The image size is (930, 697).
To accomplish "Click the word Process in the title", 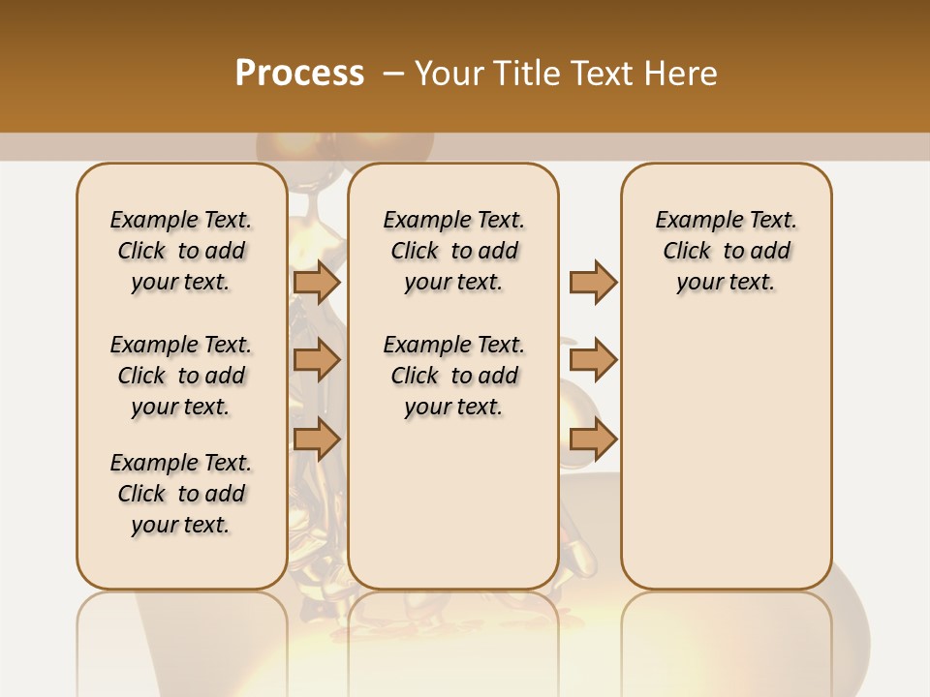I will click(299, 74).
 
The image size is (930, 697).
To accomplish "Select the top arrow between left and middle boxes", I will click(316, 282).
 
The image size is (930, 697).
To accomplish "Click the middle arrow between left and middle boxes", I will click(316, 360).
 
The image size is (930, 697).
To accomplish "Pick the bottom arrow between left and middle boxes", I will click(316, 439).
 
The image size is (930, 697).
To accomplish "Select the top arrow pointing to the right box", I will click(593, 282).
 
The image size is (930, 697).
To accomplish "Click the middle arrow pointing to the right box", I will click(593, 360).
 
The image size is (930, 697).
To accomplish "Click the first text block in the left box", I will click(181, 251).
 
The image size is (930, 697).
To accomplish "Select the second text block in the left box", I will click(181, 376).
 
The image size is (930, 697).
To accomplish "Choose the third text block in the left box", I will click(181, 494).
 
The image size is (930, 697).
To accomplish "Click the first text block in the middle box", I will click(453, 251).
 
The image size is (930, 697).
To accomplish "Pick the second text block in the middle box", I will click(453, 376).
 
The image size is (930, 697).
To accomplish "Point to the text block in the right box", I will click(726, 251).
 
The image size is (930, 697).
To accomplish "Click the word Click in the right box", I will click(687, 252).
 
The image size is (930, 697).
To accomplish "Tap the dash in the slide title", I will click(393, 74).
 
